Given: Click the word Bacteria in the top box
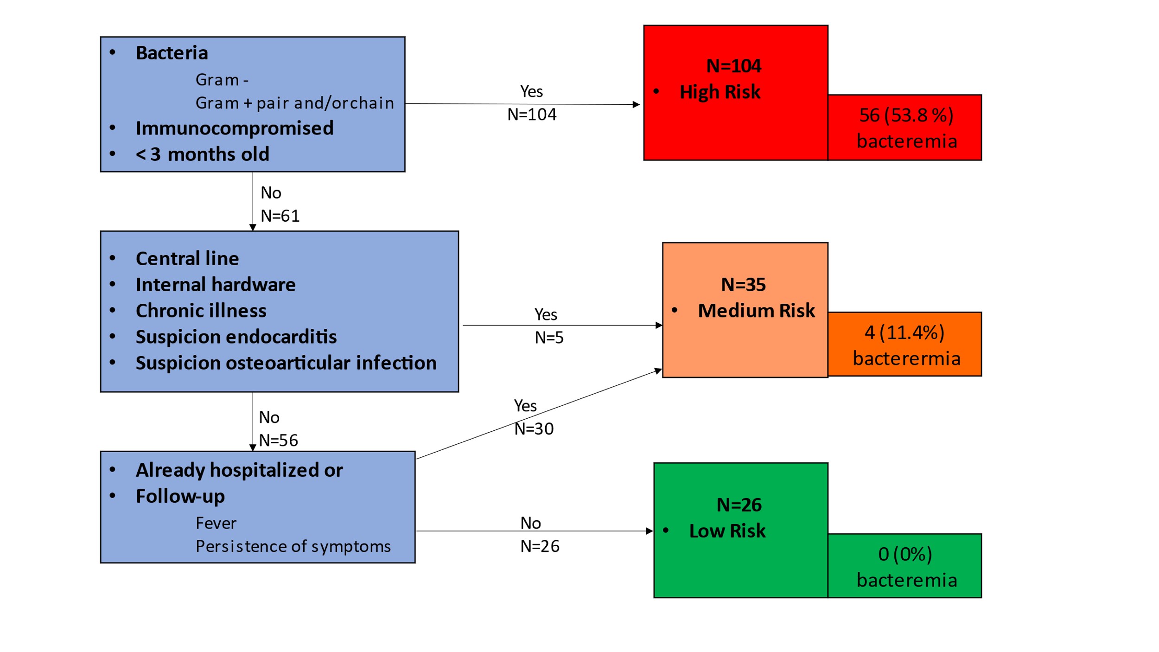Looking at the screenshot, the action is pyautogui.click(x=172, y=53).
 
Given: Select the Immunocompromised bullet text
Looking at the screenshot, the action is pyautogui.click(x=235, y=128).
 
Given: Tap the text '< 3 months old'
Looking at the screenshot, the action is pyautogui.click(x=202, y=154).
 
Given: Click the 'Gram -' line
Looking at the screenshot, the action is pyautogui.click(x=222, y=80).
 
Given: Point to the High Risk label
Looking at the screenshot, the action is pyautogui.click(x=720, y=92).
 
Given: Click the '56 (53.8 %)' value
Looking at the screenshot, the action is pyautogui.click(x=906, y=115).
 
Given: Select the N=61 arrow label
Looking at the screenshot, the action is pyautogui.click(x=280, y=216).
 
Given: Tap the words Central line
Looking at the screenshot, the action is pyautogui.click(x=187, y=258).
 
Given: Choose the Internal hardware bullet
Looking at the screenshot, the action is pyautogui.click(x=216, y=284).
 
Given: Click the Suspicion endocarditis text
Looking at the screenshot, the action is pyautogui.click(x=236, y=337).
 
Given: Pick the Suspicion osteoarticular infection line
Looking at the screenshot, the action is pyautogui.click(x=286, y=363).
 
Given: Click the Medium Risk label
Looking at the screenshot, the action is pyautogui.click(x=756, y=310).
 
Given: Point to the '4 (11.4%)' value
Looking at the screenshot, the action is pyautogui.click(x=904, y=332).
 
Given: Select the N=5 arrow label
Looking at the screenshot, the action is pyautogui.click(x=549, y=338).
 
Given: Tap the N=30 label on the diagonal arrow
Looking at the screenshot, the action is pyautogui.click(x=534, y=429).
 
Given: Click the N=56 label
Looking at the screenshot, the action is pyautogui.click(x=278, y=441).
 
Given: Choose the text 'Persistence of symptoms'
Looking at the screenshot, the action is pyautogui.click(x=293, y=546).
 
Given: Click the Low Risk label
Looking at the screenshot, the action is pyautogui.click(x=727, y=531).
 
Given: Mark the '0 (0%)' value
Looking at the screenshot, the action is pyautogui.click(x=905, y=554).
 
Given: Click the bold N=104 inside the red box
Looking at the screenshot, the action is pyautogui.click(x=733, y=66).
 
